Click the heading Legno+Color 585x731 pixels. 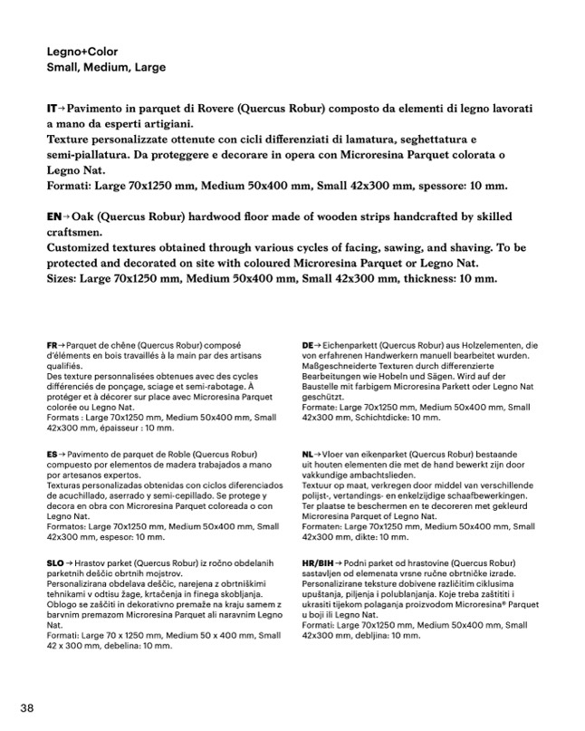click(x=82, y=52)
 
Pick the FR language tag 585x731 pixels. click(x=53, y=346)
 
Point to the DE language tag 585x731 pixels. click(x=309, y=346)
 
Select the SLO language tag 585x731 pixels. click(x=55, y=563)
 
